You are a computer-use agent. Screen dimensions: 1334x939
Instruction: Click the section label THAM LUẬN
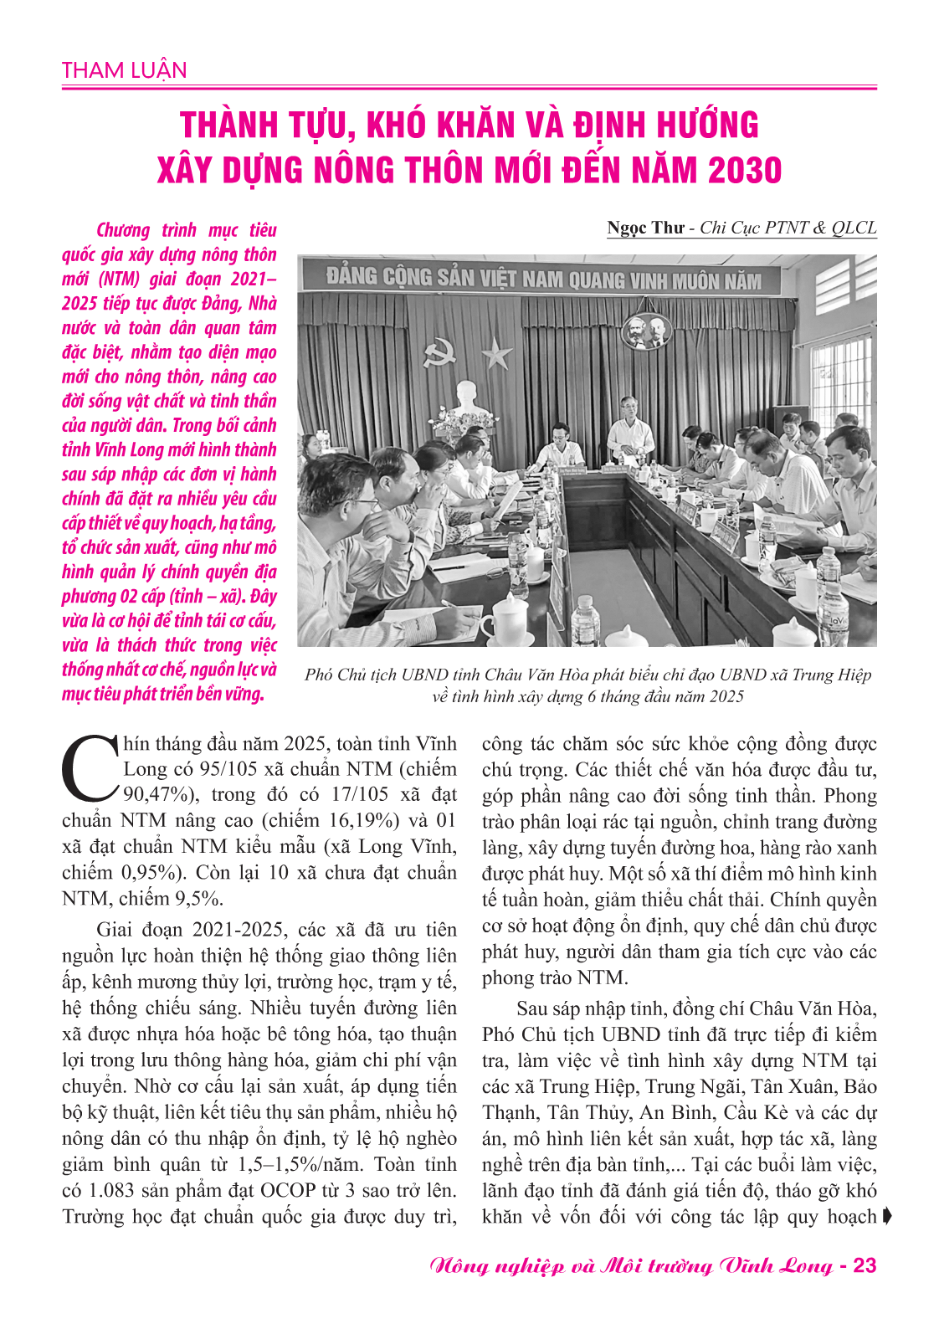(x=124, y=70)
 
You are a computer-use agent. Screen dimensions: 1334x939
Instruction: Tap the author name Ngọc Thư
(x=645, y=228)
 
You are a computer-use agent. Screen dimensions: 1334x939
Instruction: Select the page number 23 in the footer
(x=864, y=1265)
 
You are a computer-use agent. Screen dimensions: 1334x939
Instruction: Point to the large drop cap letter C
(x=90, y=768)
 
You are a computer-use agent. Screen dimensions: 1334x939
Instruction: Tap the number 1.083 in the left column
(x=113, y=1190)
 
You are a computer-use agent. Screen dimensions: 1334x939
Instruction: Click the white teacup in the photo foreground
(x=505, y=620)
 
